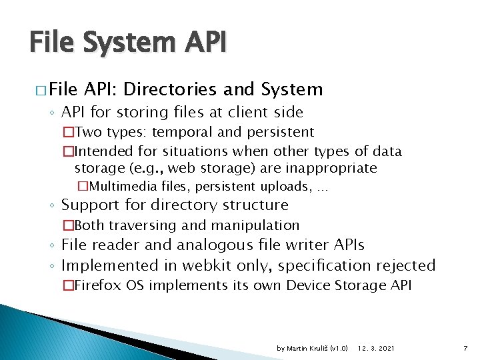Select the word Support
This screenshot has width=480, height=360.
coord(90,205)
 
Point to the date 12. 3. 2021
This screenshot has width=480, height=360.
coord(375,349)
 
